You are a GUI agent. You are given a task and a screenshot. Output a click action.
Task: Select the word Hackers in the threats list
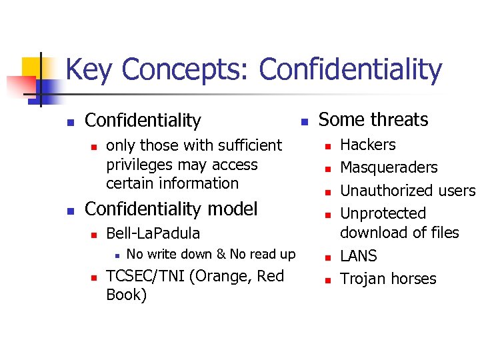[x=367, y=145]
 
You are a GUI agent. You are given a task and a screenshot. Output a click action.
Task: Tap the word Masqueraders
[x=389, y=167]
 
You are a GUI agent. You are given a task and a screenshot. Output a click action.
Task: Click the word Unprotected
[x=383, y=213]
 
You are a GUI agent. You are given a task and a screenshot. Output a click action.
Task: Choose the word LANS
[x=358, y=256]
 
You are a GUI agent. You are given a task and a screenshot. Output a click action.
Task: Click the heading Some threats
[x=373, y=120]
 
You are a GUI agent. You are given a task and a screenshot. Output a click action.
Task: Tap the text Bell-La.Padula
[x=153, y=234]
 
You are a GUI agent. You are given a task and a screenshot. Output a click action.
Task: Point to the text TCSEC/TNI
[x=145, y=276]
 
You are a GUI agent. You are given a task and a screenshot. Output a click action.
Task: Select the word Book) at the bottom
[x=126, y=295]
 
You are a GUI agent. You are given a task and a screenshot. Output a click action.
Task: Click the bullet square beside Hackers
[x=327, y=145]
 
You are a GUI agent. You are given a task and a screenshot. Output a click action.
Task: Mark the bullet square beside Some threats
[x=303, y=121]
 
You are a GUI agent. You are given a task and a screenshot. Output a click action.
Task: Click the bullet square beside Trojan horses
[x=327, y=280]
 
